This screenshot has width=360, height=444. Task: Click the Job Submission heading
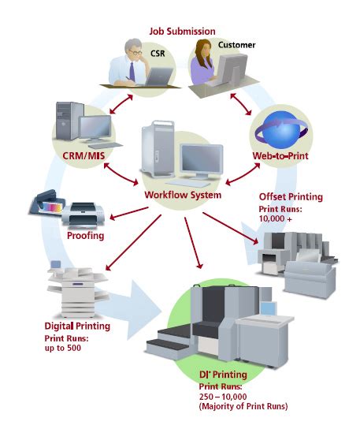point(182,31)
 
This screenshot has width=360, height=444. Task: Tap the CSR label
point(158,54)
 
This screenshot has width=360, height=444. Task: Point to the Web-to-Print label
point(279,156)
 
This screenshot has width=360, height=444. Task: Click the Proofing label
point(85,234)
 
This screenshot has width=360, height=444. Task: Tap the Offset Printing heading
point(291,197)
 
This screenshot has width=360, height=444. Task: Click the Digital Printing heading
point(76,326)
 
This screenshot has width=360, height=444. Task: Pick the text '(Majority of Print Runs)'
point(245,407)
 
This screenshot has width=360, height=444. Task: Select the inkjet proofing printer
point(80,211)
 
